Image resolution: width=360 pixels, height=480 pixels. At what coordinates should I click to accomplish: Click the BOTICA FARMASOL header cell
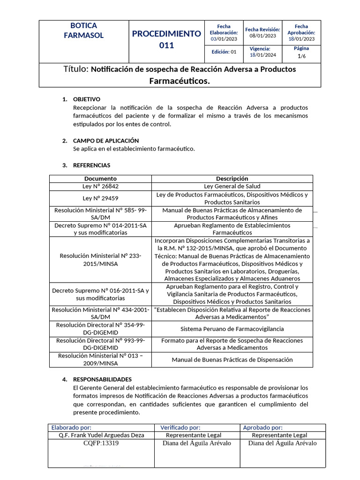point(83,30)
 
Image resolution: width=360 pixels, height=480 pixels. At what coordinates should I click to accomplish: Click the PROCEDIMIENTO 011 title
point(166,39)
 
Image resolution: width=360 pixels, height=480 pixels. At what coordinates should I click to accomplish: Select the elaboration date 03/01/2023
point(224,39)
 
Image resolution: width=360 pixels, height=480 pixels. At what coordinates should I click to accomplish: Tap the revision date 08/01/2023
point(262,36)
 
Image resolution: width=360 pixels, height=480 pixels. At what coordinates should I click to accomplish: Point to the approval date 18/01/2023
point(301,39)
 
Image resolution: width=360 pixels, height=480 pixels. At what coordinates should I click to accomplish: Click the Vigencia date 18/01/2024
point(262,55)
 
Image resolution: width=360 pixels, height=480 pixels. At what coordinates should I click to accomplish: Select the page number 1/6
point(301,56)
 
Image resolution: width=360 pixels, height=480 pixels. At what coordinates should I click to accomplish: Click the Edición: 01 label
point(224,52)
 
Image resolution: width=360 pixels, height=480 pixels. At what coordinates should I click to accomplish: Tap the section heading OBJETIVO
point(87,99)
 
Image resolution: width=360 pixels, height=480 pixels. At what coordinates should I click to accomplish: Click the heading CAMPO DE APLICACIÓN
point(106,141)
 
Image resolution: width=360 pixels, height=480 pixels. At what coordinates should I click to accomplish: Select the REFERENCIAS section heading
point(92,165)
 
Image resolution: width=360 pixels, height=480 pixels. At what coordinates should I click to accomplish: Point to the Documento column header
point(100,179)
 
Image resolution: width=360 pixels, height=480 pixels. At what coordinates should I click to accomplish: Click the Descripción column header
point(232,179)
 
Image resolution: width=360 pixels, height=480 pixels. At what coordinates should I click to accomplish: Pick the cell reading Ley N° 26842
point(100,186)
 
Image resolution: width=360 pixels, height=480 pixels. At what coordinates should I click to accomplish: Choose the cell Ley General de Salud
point(232,186)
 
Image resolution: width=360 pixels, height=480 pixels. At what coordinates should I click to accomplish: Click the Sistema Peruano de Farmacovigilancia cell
point(232,329)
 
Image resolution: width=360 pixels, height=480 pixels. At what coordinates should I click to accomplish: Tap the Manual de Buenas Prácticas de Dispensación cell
point(232,360)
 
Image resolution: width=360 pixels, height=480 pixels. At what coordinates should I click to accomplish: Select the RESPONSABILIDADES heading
point(103,379)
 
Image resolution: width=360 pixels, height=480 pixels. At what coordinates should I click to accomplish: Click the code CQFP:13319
point(101,443)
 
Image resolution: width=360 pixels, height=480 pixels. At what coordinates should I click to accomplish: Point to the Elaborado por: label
point(71,427)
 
